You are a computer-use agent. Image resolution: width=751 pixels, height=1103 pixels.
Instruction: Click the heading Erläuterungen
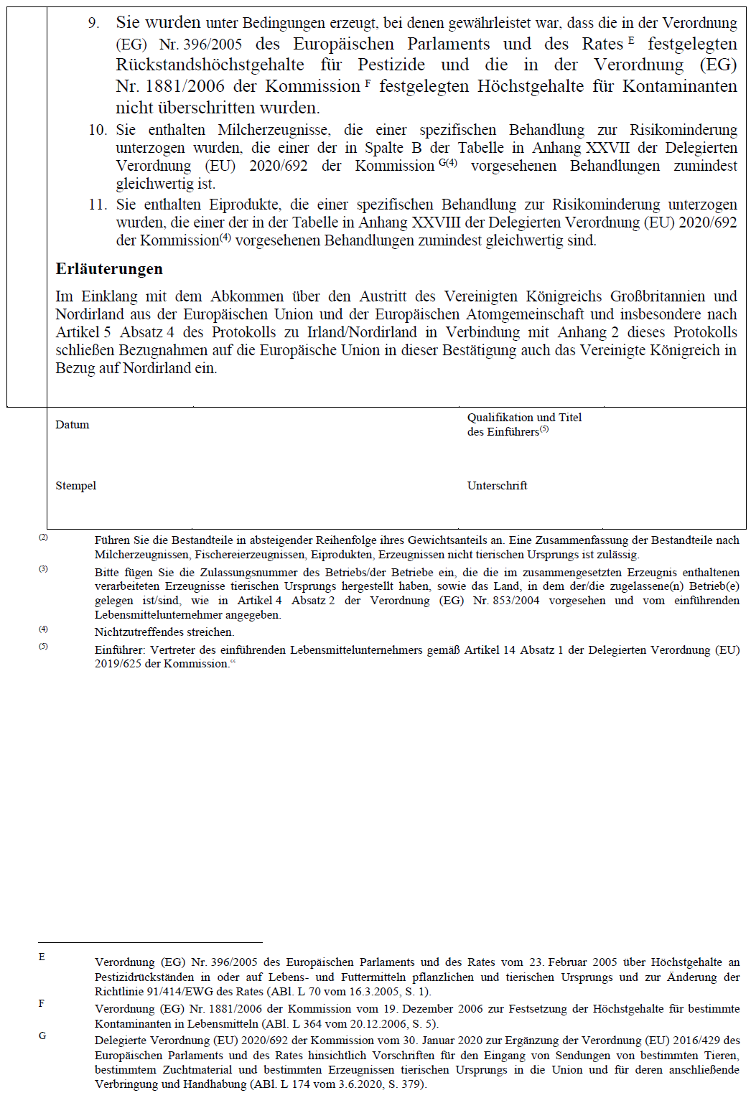(109, 269)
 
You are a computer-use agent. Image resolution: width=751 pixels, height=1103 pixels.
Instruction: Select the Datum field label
(73, 425)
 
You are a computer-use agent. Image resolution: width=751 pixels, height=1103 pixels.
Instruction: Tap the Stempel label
(76, 486)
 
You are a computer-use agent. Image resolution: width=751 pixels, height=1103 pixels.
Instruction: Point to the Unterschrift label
(497, 486)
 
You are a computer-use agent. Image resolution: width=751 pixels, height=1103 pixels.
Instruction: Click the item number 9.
(94, 23)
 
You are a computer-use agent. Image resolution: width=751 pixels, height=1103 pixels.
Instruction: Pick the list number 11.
(98, 205)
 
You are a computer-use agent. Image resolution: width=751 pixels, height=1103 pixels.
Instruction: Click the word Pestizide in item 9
(391, 65)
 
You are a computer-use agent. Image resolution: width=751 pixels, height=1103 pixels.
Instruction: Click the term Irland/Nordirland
(362, 332)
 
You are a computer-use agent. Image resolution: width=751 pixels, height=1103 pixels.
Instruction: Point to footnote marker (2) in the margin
(43, 538)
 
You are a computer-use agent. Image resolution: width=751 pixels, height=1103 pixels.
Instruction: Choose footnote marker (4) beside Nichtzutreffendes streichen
(43, 629)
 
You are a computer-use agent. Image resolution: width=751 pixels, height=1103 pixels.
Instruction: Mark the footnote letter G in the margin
(42, 1036)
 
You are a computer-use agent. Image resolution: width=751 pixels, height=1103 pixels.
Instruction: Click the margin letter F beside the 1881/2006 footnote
(42, 1003)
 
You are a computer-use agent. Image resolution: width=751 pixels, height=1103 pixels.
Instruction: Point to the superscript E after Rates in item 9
(631, 40)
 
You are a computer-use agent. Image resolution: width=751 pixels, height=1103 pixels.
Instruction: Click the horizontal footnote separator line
(150, 942)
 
